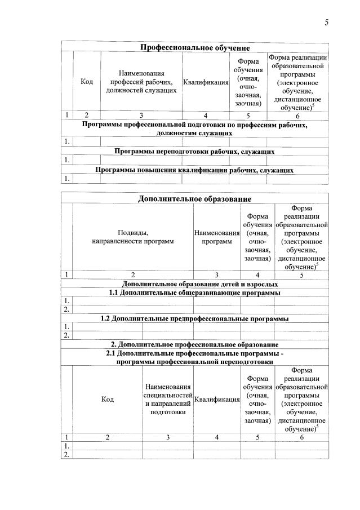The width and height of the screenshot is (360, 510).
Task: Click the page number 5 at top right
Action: [x=326, y=23]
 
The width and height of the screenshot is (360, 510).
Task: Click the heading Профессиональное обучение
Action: [x=195, y=47]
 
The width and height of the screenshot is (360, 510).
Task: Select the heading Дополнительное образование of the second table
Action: [x=195, y=198]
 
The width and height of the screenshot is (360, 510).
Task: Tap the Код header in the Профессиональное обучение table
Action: [x=87, y=82]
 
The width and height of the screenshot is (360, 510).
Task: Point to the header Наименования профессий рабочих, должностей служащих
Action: [x=141, y=82]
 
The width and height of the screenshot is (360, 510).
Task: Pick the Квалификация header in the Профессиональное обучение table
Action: [x=206, y=82]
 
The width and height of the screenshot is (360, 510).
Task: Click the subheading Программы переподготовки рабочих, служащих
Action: [x=194, y=151]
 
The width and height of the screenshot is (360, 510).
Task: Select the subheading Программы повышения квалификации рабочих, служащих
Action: [x=194, y=170]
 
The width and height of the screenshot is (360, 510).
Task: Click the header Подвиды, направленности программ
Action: [x=133, y=237]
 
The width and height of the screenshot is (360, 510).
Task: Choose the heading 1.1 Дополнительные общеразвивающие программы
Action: [x=194, y=292]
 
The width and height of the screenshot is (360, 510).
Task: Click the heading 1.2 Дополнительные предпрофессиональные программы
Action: [x=194, y=318]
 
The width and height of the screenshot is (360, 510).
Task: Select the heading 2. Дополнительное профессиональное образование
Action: [x=194, y=344]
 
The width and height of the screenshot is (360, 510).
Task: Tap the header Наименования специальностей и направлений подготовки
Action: [x=168, y=399]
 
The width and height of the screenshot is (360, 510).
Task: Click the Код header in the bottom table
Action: [x=108, y=399]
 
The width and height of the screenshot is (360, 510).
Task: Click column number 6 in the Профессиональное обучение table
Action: [x=297, y=116]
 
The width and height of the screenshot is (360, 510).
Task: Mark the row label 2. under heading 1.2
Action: [x=66, y=335]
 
